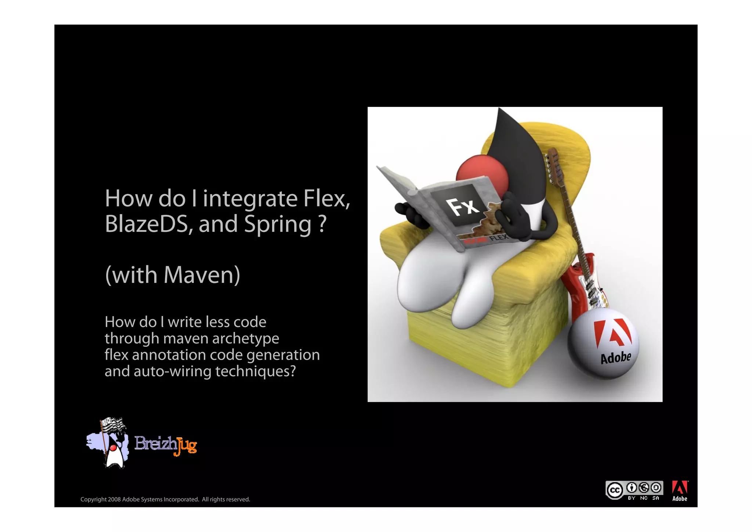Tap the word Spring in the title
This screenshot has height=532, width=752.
[x=278, y=225]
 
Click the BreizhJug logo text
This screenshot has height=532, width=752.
[x=166, y=445]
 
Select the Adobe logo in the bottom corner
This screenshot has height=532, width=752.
[x=680, y=491]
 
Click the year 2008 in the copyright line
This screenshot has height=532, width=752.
[x=114, y=499]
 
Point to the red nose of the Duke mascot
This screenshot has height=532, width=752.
[x=481, y=173]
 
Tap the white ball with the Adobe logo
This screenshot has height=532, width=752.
[x=603, y=344]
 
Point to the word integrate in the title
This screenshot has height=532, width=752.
[x=250, y=199]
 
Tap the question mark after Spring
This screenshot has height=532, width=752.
[x=322, y=224]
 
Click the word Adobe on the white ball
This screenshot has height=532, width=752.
[x=615, y=357]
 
